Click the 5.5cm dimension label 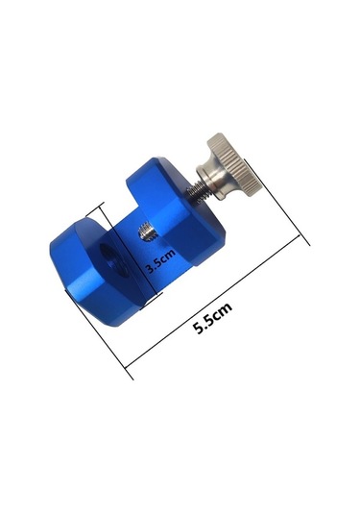(x=212, y=317)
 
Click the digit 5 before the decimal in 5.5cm (x=198, y=325)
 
